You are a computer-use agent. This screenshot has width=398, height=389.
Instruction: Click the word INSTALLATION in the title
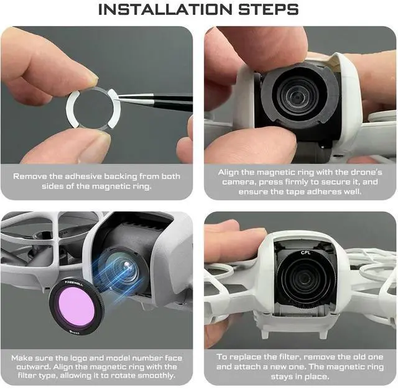[x=165, y=9]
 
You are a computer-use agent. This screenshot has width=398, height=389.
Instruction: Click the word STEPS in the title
[x=268, y=9]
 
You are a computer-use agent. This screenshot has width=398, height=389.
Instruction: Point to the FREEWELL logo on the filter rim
[x=75, y=283]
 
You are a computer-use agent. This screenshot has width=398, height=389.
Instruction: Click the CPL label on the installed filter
[x=305, y=252]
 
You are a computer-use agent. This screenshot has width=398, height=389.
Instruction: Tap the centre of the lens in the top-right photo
[x=297, y=97]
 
